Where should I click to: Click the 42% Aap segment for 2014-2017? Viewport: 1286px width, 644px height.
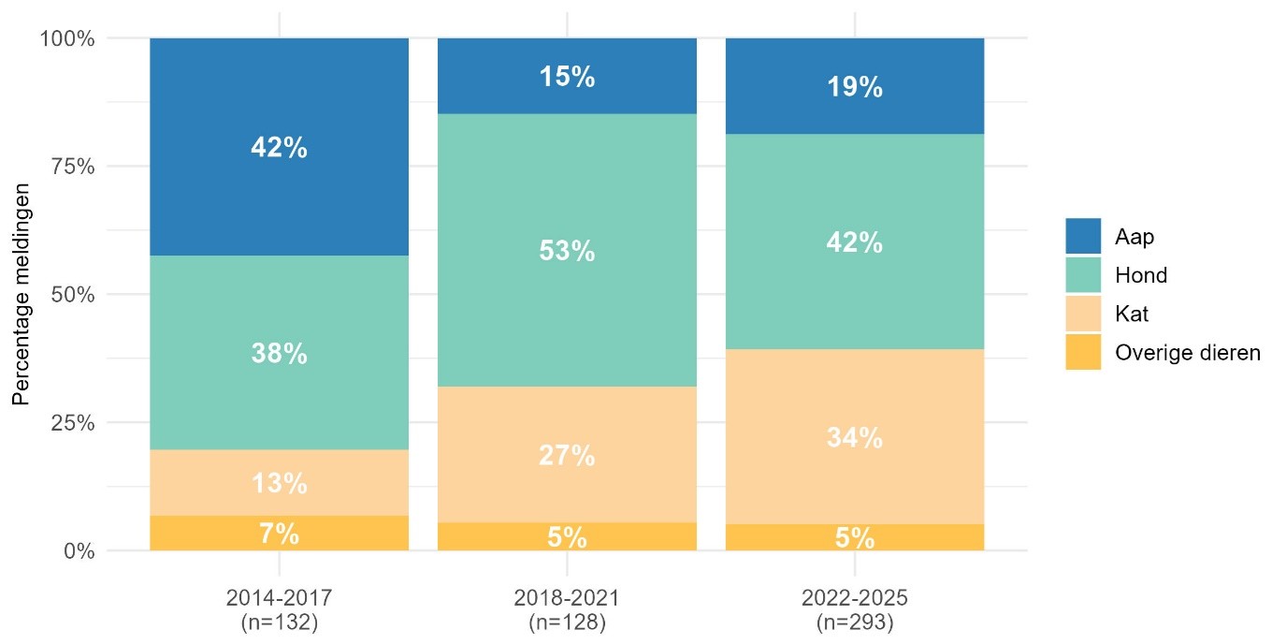coord(279,147)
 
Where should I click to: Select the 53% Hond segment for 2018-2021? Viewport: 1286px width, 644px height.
coord(567,250)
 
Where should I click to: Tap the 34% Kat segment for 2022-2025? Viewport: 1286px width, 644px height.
coord(855,436)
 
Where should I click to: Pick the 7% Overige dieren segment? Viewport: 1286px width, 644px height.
coord(279,534)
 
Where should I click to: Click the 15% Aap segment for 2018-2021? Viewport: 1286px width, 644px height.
coord(567,76)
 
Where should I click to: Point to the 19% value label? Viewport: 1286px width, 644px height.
coord(855,87)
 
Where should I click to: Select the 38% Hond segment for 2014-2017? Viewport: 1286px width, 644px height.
coord(279,353)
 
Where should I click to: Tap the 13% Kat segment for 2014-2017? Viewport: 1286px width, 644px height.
coord(279,483)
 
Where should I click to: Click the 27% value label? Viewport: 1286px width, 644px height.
coord(567,456)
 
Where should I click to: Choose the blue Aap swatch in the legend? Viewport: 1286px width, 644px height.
coord(1083,236)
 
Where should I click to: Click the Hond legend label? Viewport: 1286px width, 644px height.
coord(1141,275)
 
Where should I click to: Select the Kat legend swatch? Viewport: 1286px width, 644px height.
coord(1083,314)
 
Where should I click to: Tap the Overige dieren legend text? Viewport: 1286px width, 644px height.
coord(1188,352)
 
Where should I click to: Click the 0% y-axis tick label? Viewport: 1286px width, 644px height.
coord(79,551)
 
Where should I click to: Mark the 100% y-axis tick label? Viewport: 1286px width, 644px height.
coord(66,38)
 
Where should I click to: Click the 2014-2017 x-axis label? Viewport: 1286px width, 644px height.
coord(279,598)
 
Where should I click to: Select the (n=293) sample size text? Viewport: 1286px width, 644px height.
coord(855,622)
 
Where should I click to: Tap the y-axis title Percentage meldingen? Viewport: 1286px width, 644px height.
coord(21,294)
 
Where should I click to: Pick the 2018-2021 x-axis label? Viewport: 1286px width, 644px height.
coord(567,598)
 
